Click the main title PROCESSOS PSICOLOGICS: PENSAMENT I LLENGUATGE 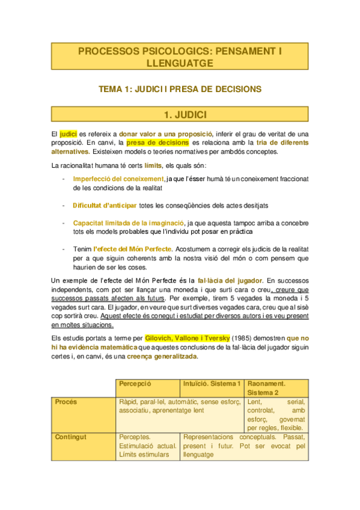point(180,57)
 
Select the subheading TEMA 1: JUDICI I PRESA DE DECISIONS point(180,89)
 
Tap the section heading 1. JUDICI point(180,114)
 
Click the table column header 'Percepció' point(135,383)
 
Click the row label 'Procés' point(66,401)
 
